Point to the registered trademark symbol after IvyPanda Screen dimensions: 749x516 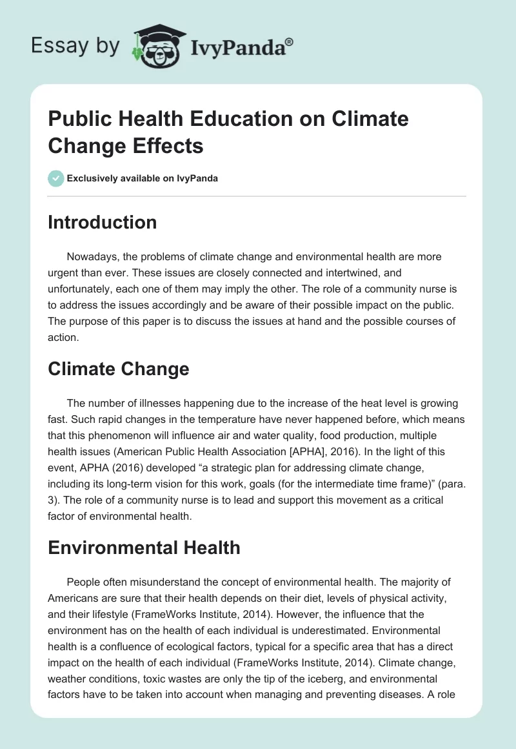pyautogui.click(x=289, y=41)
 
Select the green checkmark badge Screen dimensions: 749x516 pyautogui.click(x=56, y=178)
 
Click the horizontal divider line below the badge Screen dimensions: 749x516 pyautogui.click(x=257, y=196)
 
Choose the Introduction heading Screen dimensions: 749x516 pyautogui.click(x=103, y=222)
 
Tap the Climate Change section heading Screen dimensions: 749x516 pyautogui.click(x=119, y=369)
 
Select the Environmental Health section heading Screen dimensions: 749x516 pyautogui.click(x=144, y=548)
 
